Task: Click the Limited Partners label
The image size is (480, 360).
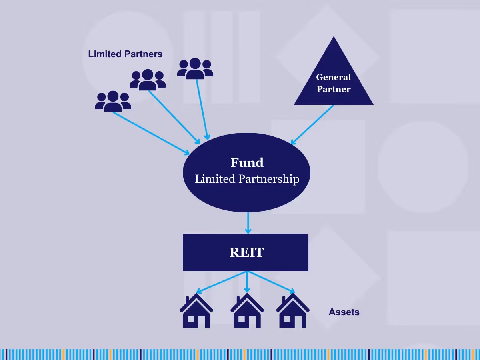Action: (125, 54)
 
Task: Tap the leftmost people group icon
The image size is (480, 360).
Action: (113, 101)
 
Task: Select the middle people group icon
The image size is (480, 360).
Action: (148, 80)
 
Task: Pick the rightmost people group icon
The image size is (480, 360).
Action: (195, 68)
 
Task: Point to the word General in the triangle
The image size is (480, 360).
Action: (334, 77)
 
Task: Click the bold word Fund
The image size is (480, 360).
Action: (247, 163)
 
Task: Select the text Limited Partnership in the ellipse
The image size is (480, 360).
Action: (247, 179)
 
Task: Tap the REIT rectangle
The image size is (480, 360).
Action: (246, 252)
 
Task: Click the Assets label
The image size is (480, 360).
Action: (344, 312)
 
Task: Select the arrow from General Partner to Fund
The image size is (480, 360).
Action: (312, 124)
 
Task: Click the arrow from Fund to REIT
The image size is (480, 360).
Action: (248, 223)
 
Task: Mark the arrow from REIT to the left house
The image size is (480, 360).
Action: (222, 282)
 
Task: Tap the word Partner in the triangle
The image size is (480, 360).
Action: (334, 89)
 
